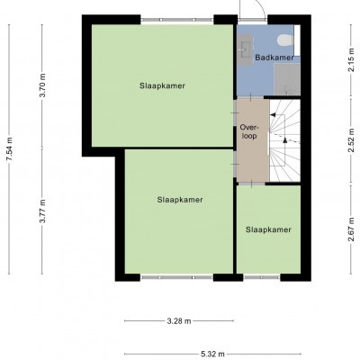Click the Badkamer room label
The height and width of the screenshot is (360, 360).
(274, 58)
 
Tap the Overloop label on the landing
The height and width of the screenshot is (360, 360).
(248, 131)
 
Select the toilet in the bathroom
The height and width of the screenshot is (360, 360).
(284, 40)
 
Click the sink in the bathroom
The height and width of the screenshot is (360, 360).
(246, 49)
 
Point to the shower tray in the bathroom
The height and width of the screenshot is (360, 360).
(287, 79)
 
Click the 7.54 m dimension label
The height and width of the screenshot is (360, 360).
(10, 149)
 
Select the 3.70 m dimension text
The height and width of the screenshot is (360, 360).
(43, 85)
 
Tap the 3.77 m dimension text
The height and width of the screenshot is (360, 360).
(43, 211)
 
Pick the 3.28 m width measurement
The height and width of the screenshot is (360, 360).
(179, 321)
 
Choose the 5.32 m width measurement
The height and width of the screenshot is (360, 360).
(212, 355)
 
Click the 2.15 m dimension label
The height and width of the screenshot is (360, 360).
(352, 60)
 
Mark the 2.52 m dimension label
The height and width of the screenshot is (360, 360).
(352, 140)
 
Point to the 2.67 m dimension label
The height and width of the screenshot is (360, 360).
(352, 229)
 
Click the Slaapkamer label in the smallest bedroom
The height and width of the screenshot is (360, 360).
(268, 229)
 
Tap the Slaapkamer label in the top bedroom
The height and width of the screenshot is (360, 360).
(162, 85)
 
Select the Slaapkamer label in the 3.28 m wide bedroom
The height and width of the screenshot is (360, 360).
(180, 200)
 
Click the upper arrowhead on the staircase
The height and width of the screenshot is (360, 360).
(273, 114)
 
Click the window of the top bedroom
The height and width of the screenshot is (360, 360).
(177, 20)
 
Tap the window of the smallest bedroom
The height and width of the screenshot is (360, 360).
(262, 277)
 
